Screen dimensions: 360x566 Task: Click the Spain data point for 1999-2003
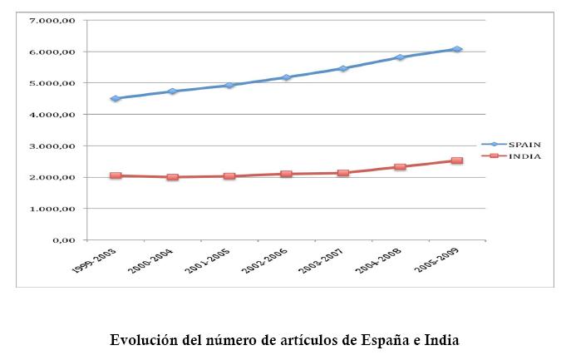(116, 98)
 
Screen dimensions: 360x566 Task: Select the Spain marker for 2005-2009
(457, 50)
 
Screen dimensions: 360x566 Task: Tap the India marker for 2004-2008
(400, 167)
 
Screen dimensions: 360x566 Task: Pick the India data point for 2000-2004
(172, 177)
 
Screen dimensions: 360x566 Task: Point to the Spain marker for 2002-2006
(286, 77)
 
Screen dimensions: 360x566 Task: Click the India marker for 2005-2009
(457, 160)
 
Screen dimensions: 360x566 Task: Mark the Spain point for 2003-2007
(343, 68)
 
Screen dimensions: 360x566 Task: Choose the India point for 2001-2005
(229, 176)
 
